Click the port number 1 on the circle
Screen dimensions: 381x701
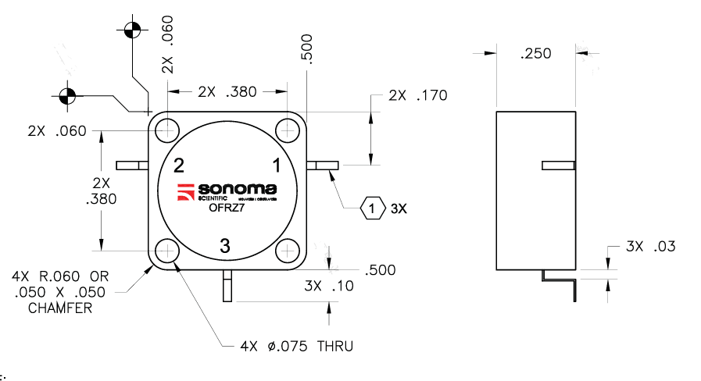(276, 165)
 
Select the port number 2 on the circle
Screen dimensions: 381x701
(179, 165)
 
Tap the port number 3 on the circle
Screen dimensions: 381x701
(225, 247)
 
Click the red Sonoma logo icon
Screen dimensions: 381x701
(185, 192)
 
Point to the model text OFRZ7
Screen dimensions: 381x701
(227, 208)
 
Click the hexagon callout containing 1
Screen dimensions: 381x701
(374, 208)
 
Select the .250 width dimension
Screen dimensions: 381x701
(535, 54)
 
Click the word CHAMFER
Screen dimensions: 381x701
(60, 308)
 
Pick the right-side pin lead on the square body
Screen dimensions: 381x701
(322, 166)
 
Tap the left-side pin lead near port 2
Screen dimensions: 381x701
(131, 166)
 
